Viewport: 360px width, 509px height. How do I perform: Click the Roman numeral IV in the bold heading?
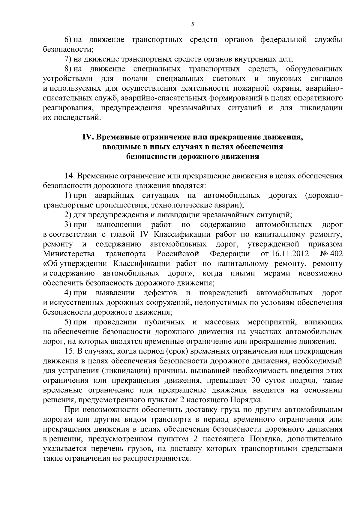coord(89,138)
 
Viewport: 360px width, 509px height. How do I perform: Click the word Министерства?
coord(69,254)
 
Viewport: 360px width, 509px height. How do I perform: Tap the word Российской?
coord(178,254)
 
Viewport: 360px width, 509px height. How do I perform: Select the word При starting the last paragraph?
coord(71,410)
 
